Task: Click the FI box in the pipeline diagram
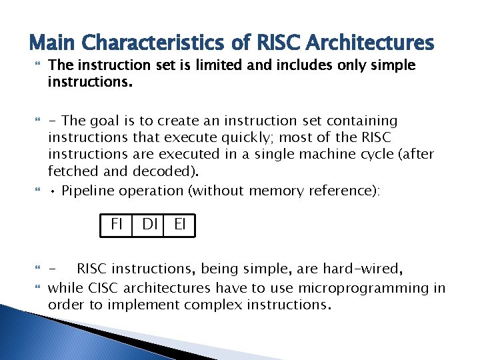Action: pos(117,225)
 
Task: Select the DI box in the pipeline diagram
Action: pos(150,225)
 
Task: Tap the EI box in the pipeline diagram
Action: pos(180,225)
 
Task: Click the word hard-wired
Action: pos(363,270)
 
